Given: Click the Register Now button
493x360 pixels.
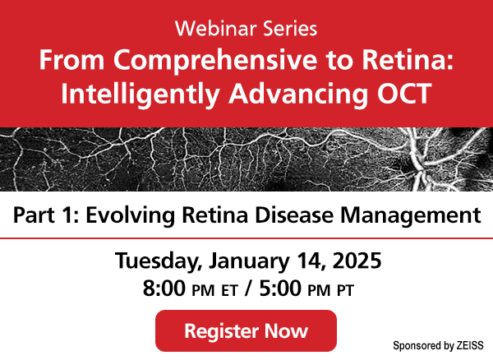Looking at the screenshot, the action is tap(246, 330).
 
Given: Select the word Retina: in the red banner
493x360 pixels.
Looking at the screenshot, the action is tap(408, 59).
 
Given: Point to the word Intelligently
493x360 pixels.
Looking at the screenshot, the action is tap(140, 94).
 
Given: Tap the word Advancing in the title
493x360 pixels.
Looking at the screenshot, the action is tap(298, 94).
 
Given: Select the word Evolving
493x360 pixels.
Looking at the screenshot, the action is tap(130, 215).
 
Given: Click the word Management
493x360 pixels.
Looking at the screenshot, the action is tap(411, 215).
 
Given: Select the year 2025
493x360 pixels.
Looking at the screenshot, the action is tap(357, 261).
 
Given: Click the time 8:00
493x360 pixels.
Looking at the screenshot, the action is tap(164, 288).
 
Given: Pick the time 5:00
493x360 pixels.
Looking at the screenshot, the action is tap(280, 288).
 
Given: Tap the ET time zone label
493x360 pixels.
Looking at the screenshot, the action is tap(229, 290).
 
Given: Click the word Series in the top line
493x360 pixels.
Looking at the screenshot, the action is tap(290, 28).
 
